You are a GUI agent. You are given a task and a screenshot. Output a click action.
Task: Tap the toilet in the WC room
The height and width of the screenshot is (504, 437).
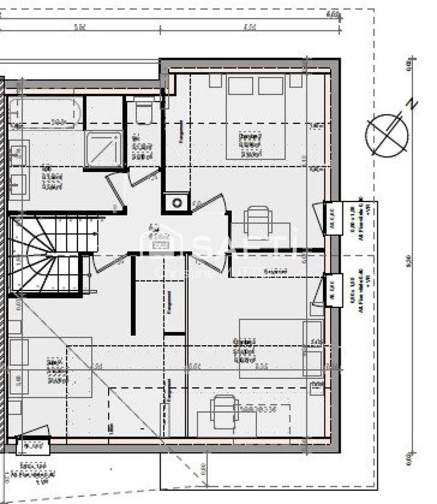[x=144, y=113]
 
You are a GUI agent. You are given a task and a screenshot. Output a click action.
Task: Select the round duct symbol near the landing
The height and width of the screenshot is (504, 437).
[x=178, y=203]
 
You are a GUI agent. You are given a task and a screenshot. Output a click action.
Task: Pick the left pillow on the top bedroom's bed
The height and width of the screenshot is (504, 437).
[x=240, y=86]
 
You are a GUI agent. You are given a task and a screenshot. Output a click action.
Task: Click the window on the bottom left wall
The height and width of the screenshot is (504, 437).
[x=33, y=447]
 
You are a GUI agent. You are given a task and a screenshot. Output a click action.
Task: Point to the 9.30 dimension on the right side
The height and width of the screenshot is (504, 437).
[x=409, y=258]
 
